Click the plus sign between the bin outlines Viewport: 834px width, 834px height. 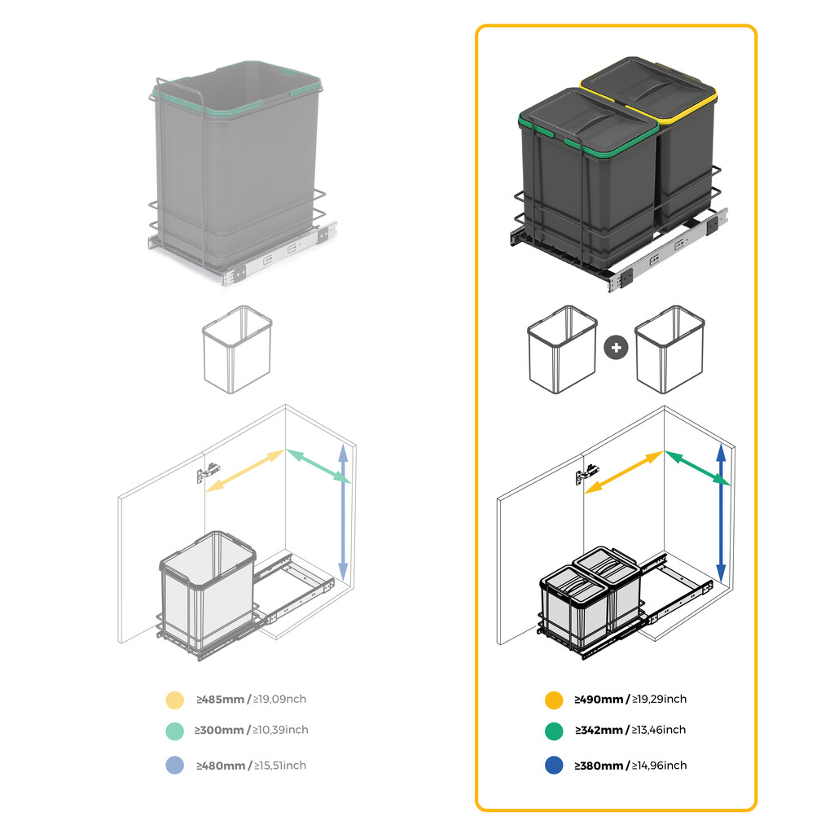tap(617, 347)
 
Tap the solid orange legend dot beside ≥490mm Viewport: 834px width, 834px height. tap(554, 700)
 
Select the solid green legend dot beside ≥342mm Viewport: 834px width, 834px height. tap(554, 731)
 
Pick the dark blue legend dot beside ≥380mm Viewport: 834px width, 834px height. tap(554, 766)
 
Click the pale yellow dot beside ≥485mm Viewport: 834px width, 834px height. tap(174, 700)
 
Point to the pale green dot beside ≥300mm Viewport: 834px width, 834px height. tap(174, 731)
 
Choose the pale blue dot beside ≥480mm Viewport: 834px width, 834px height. tap(174, 766)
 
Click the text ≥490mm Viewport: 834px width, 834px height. tap(598, 699)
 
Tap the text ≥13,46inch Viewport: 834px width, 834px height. tap(659, 730)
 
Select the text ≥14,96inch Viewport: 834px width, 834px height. tap(660, 766)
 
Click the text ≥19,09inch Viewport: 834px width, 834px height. tap(279, 699)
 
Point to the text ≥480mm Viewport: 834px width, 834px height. tap(219, 766)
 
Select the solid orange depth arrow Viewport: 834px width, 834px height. tap(623, 472)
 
